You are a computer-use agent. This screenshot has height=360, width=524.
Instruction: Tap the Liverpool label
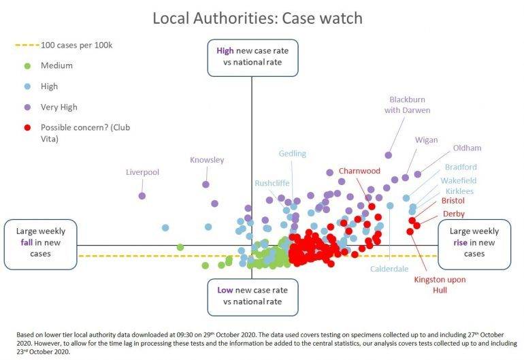click(x=142, y=172)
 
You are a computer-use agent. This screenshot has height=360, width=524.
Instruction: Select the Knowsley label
click(x=206, y=160)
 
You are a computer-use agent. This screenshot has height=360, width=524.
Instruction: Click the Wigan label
click(x=426, y=140)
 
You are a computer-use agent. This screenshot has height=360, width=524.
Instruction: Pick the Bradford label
click(x=461, y=167)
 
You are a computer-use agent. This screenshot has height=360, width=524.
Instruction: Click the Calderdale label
click(x=389, y=269)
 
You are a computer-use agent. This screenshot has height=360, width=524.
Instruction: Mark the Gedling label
click(x=292, y=154)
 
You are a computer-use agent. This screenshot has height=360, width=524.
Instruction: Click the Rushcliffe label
click(x=272, y=183)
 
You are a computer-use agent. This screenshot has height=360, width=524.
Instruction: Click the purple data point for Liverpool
click(x=142, y=196)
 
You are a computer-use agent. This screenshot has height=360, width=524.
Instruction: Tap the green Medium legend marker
click(x=27, y=66)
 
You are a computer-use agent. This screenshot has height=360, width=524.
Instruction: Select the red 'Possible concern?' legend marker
click(x=27, y=127)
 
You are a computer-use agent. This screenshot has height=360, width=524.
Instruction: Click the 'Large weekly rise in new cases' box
click(x=474, y=243)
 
